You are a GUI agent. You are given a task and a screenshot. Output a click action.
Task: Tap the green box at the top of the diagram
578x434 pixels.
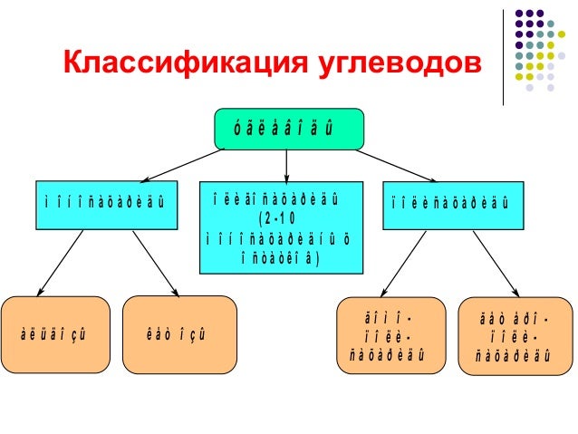click(288, 129)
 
